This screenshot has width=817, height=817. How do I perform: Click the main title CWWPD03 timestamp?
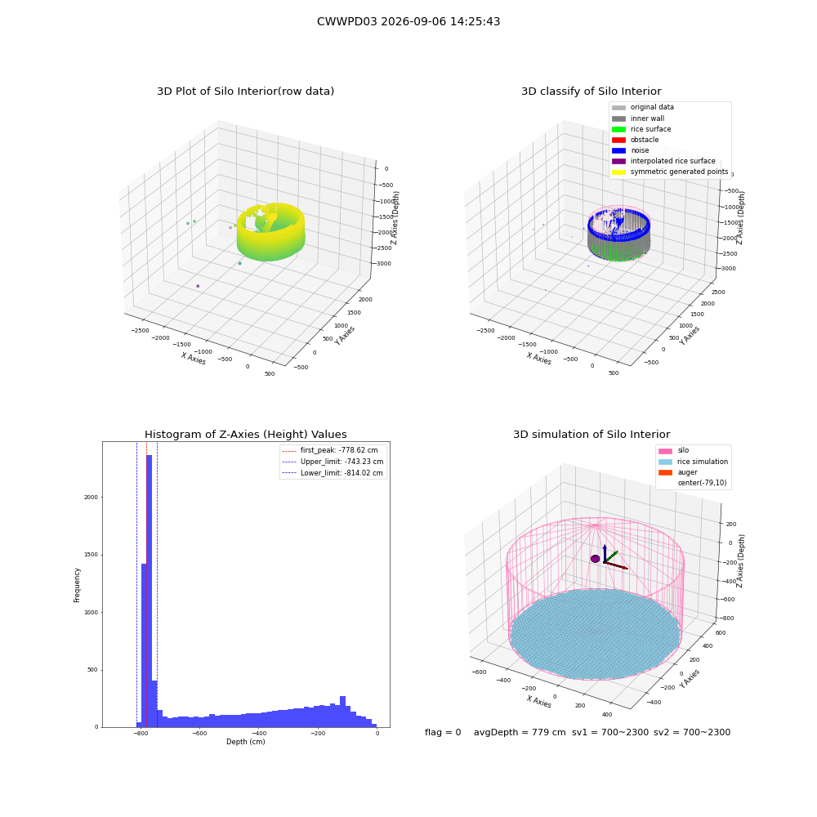408,21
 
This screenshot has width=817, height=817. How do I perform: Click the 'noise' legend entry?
631,150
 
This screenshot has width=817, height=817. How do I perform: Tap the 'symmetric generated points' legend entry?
670,172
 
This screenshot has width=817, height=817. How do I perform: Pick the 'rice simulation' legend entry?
693,462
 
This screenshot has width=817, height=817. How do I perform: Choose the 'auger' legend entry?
677,472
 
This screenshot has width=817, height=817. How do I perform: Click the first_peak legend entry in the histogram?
330,450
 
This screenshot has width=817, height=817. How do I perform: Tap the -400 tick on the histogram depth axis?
259,733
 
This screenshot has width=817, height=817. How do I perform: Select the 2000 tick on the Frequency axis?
92,497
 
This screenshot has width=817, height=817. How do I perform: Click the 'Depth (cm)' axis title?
245,742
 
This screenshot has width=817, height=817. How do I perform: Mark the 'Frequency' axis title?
77,585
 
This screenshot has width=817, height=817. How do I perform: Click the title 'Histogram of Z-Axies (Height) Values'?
245,434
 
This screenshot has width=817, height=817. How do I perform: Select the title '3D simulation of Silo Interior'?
592,434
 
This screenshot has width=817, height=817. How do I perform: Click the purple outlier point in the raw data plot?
198,286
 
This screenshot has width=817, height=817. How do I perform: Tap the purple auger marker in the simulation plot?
595,559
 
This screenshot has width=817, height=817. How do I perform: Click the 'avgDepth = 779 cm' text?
520,732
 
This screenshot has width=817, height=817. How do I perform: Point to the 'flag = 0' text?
443,732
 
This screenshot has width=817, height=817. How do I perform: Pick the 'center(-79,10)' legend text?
702,483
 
